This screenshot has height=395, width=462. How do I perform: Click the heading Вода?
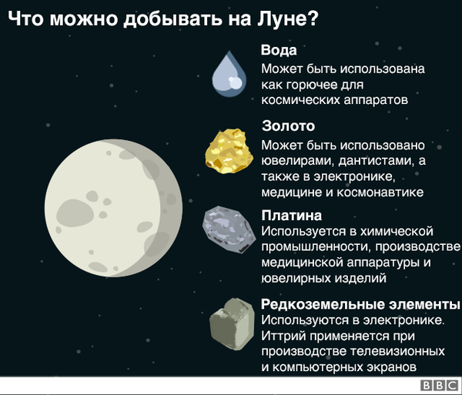tap(279, 52)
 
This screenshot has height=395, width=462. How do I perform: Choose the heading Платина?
tap(291, 216)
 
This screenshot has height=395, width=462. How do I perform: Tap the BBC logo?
tap(438, 386)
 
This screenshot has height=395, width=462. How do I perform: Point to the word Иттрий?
tap(285, 335)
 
